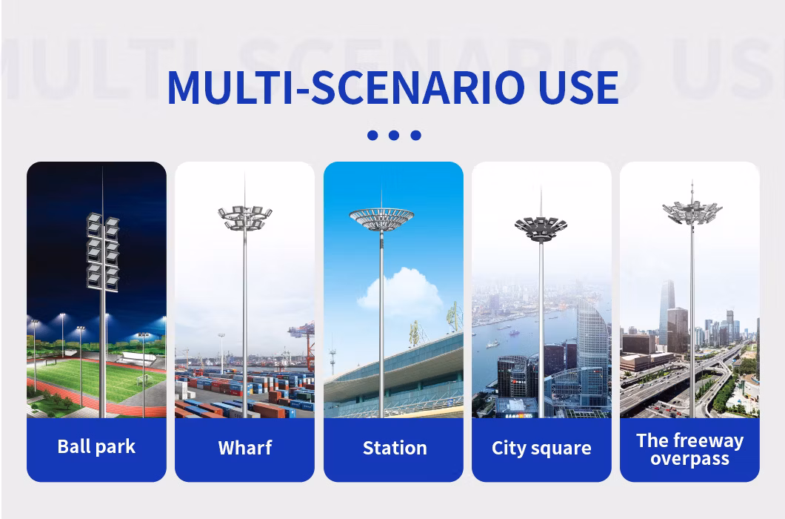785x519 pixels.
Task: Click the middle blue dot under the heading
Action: click(394, 135)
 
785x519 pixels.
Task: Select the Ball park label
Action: click(96, 446)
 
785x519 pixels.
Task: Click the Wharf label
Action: click(245, 447)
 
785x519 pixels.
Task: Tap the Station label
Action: click(395, 448)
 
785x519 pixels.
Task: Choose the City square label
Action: click(541, 448)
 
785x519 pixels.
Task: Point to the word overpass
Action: click(690, 459)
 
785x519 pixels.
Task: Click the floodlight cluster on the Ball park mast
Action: click(103, 252)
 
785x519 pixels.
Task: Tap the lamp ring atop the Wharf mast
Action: click(245, 218)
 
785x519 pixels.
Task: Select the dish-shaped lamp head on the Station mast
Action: click(381, 219)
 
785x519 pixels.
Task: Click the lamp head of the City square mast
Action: click(541, 228)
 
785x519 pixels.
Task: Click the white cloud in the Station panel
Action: click(399, 290)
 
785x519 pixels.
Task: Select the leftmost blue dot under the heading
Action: click(373, 135)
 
